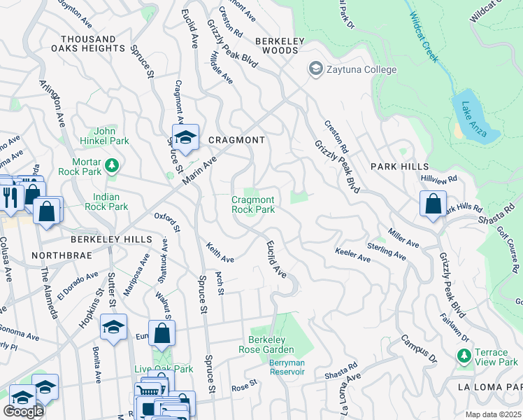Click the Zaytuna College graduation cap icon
pos(316,69)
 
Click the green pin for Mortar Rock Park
pos(112,166)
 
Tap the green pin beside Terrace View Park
pos(462,356)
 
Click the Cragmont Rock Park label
pos(253,204)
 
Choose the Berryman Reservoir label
pos(287,367)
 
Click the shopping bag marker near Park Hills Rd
pos(433,204)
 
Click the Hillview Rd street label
pos(438,179)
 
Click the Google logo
pos(23,411)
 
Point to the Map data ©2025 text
pos(494,414)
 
